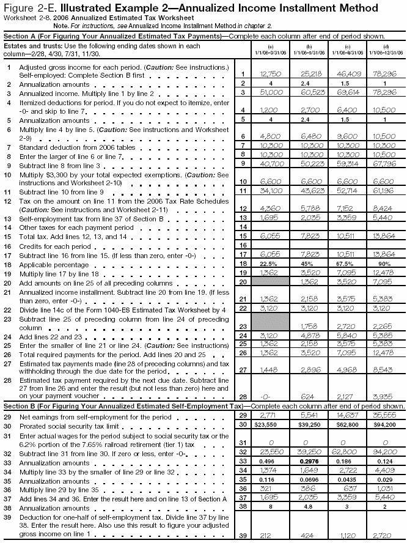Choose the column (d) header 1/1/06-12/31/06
click(385, 50)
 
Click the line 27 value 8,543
click(385, 370)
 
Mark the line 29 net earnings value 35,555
click(385, 415)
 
